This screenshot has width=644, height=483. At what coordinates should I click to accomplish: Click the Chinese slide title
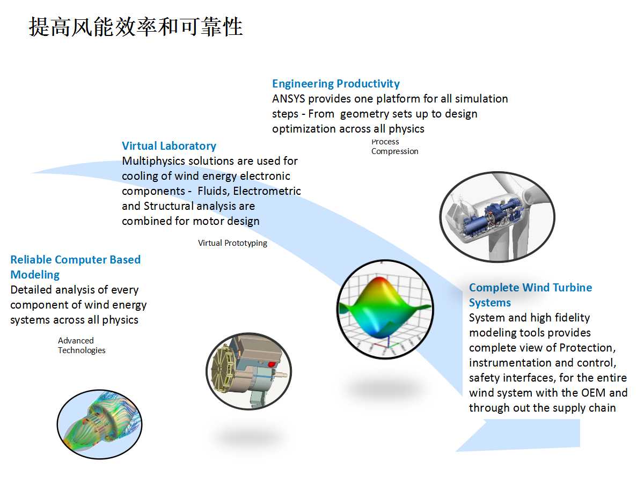(136, 27)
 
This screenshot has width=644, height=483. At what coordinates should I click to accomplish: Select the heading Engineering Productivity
(335, 84)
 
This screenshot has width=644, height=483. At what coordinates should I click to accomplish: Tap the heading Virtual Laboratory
(169, 146)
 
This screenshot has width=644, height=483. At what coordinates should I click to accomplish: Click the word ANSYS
(288, 99)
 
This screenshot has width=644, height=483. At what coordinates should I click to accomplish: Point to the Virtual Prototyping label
(232, 243)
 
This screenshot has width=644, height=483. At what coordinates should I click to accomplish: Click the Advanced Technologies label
(82, 346)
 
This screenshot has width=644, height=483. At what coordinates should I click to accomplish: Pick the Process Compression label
(394, 147)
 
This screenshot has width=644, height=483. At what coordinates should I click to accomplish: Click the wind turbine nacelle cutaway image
(497, 217)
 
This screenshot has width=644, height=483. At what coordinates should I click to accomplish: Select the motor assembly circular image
(249, 371)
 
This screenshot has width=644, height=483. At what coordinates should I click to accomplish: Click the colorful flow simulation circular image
(99, 424)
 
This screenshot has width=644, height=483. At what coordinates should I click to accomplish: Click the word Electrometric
(267, 191)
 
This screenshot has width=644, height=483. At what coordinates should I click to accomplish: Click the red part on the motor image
(272, 364)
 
